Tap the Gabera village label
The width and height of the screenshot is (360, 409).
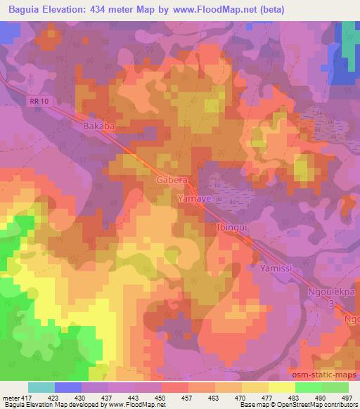170,181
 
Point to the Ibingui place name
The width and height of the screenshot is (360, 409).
232,228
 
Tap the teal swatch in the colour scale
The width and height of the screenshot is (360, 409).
41,387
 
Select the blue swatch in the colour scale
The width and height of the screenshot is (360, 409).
68,387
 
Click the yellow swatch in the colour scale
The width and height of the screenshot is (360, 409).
282,387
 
